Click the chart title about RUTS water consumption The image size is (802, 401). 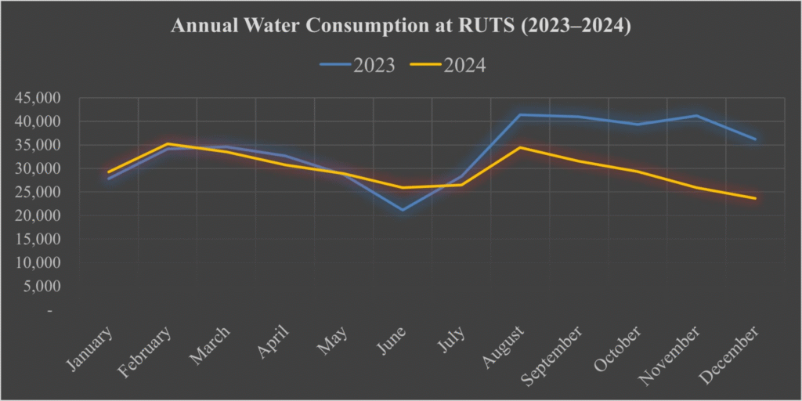[400, 27]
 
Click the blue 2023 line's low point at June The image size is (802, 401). [403, 210]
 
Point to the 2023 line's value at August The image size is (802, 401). [520, 115]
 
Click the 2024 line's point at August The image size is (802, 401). [520, 147]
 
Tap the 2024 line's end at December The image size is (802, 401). [755, 198]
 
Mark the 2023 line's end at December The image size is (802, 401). [755, 139]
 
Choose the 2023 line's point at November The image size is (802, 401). [696, 116]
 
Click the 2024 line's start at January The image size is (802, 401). [109, 172]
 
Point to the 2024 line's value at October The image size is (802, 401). [638, 172]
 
